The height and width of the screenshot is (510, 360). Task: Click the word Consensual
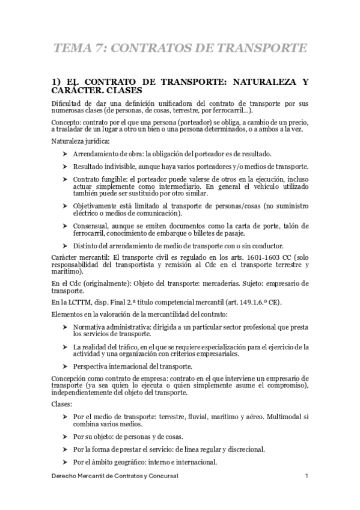tap(90, 225)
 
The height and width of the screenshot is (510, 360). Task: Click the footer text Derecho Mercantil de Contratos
tap(99, 476)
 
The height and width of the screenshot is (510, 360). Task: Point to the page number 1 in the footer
tap(307, 476)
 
